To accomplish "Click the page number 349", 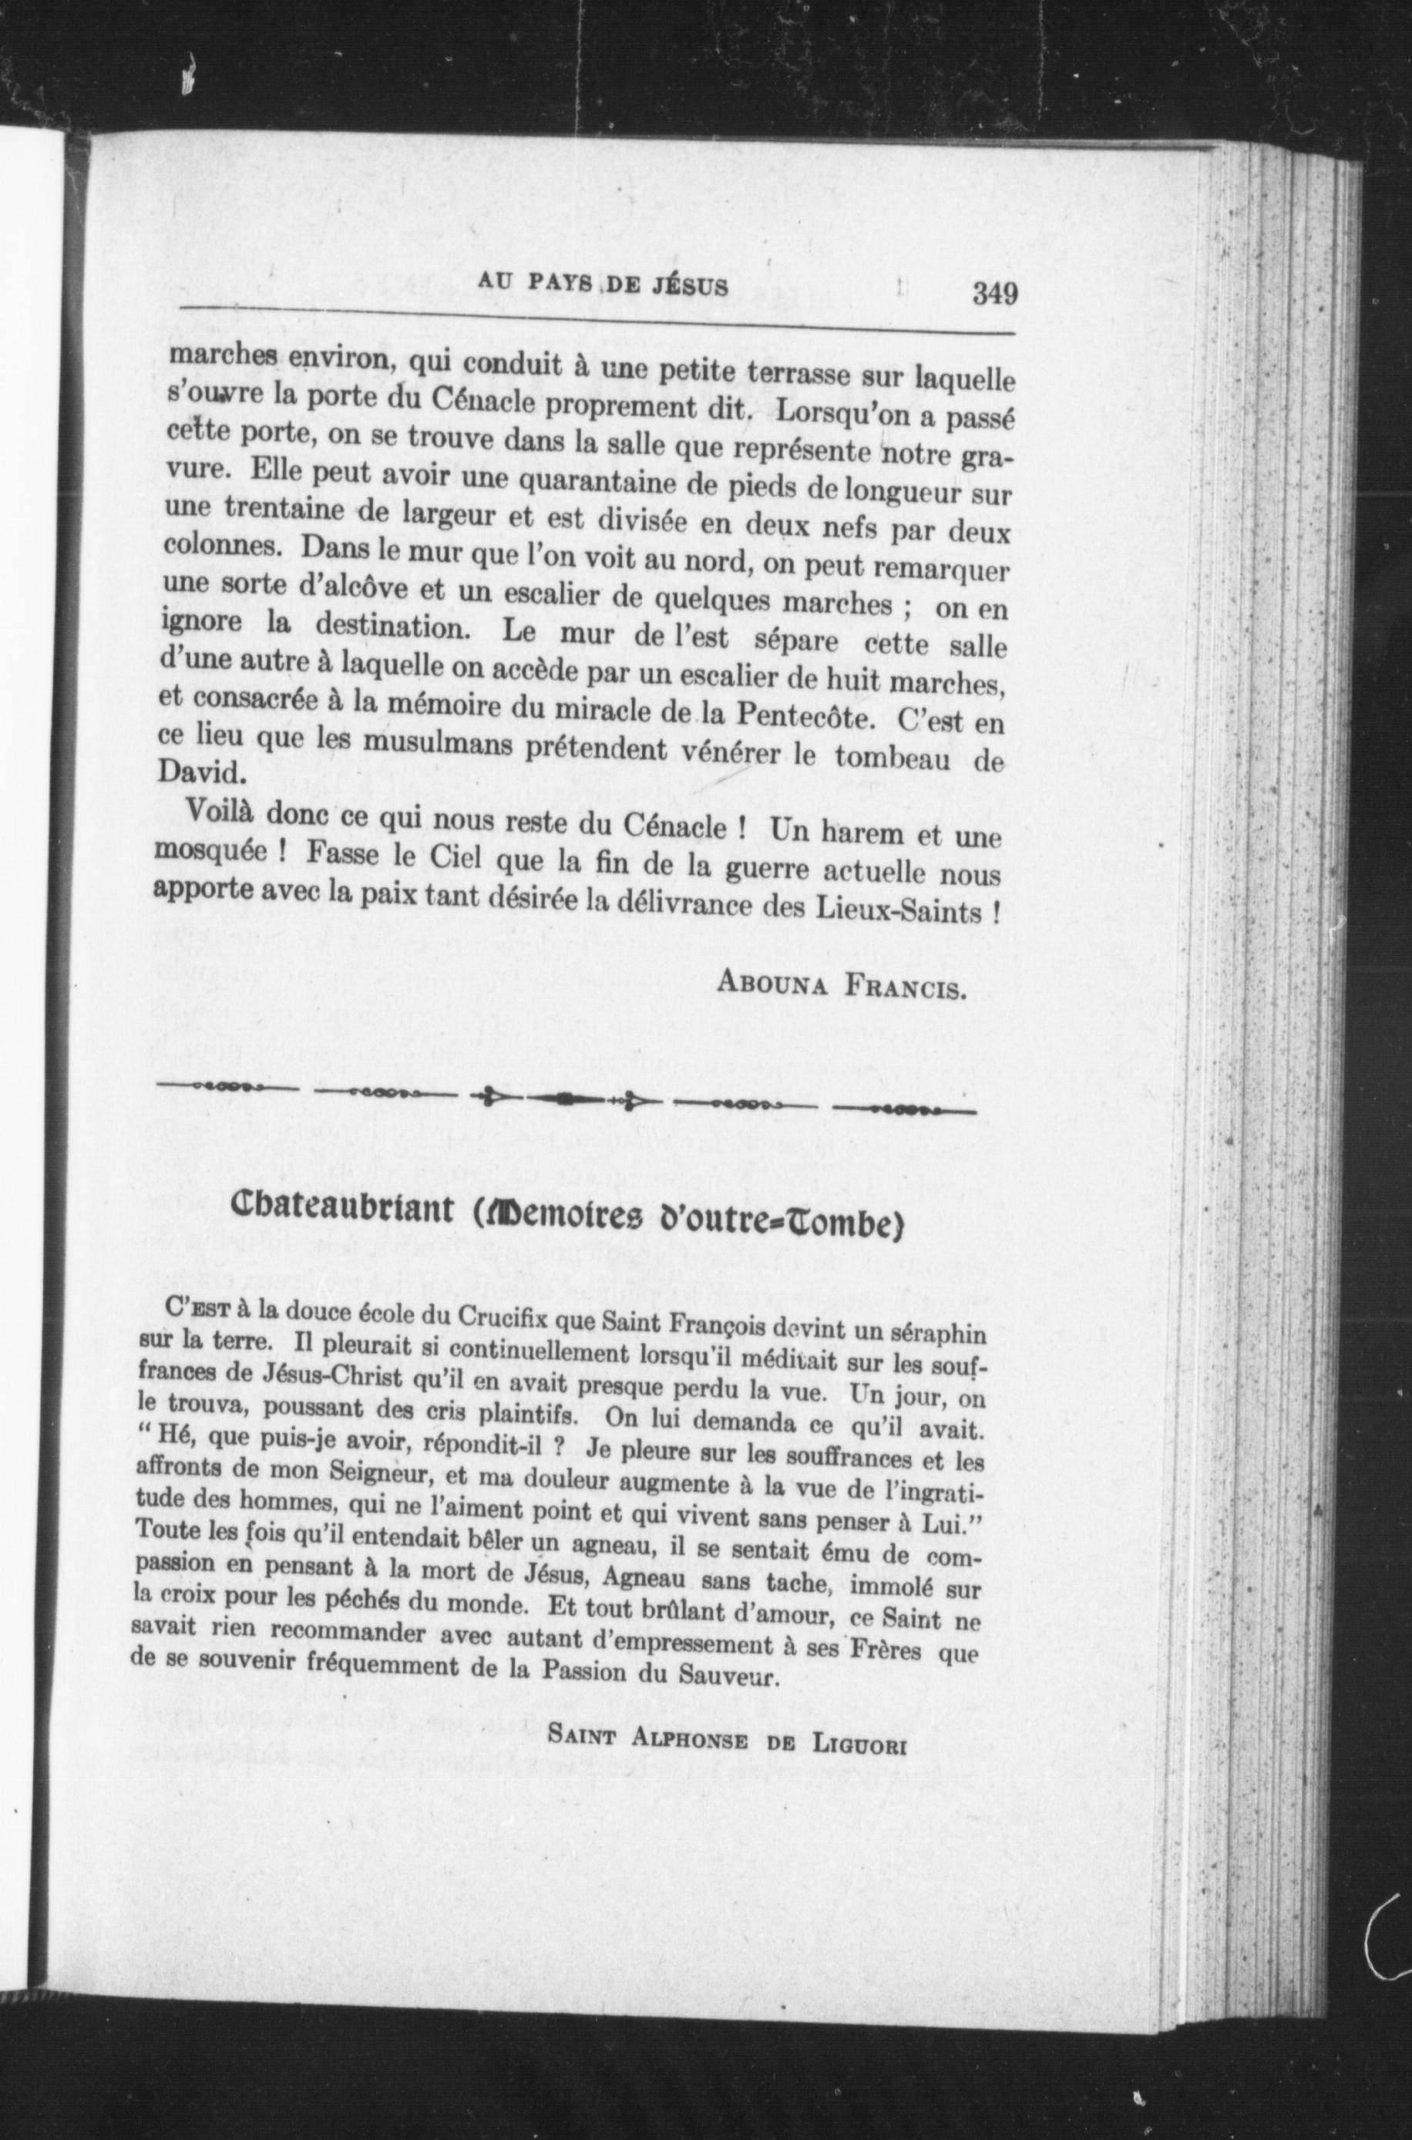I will (995, 294).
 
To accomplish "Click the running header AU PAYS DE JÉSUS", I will (603, 284).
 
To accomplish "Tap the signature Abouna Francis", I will (841, 984).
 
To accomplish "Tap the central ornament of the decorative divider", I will (566, 1100).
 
